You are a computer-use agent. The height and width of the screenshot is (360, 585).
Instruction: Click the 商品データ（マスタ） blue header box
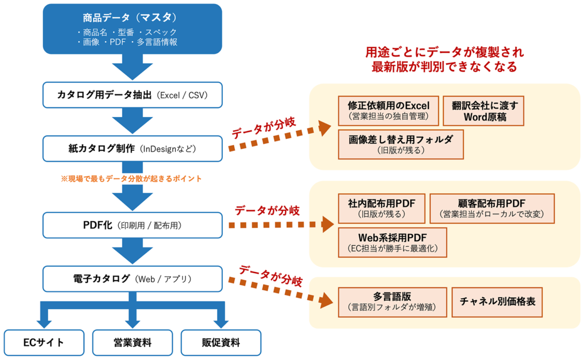pos(133,29)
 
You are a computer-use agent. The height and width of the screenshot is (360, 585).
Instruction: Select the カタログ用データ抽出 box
pos(133,95)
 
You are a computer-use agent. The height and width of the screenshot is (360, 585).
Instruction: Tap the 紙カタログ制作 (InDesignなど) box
pos(133,149)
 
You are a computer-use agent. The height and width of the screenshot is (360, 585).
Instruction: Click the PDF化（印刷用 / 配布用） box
pos(133,225)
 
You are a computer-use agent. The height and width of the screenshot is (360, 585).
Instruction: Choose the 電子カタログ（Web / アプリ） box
pos(133,279)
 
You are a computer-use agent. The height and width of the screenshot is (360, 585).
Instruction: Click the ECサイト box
pos(44,343)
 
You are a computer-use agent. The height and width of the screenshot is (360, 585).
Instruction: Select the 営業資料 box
pos(133,343)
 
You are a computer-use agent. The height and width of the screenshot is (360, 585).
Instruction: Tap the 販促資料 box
pos(221,343)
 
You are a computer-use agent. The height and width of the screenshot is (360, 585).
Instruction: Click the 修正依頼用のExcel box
pos(388,111)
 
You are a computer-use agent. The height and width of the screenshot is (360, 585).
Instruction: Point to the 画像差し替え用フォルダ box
pos(400,144)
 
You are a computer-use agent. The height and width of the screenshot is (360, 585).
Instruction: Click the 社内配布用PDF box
pos(381,208)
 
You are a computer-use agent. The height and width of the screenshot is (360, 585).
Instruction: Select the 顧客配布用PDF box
pos(492,208)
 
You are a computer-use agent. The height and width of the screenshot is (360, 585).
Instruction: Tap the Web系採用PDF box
pos(392,242)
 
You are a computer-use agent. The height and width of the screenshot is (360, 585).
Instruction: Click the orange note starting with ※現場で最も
pos(131,179)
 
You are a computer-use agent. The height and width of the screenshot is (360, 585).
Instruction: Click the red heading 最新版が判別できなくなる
pos(444,67)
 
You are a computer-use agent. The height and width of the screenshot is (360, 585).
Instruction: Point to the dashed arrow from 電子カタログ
pos(280,291)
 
